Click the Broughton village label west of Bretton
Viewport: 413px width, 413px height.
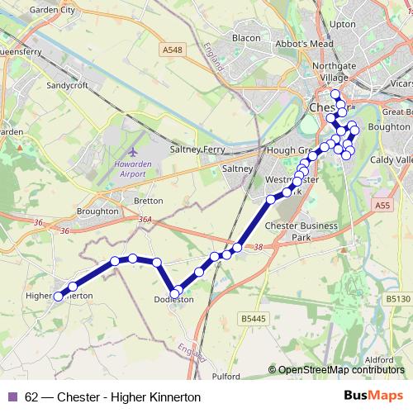(97, 211)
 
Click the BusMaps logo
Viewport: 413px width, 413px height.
(374, 396)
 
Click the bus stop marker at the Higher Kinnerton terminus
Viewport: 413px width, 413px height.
(59, 297)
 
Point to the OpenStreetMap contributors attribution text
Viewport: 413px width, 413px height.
(341, 369)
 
